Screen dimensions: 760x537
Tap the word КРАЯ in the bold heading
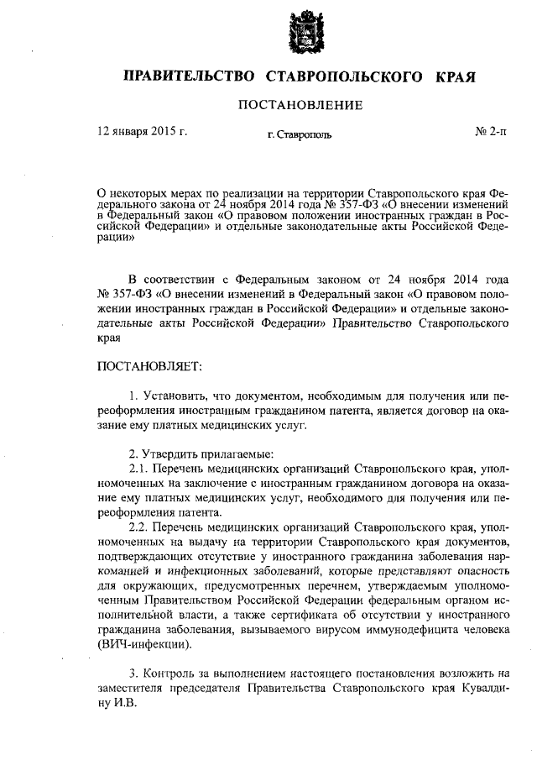[456, 77]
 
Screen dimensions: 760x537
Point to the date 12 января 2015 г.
[143, 132]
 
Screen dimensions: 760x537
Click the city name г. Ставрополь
[300, 134]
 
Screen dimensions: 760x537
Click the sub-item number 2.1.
[138, 467]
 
